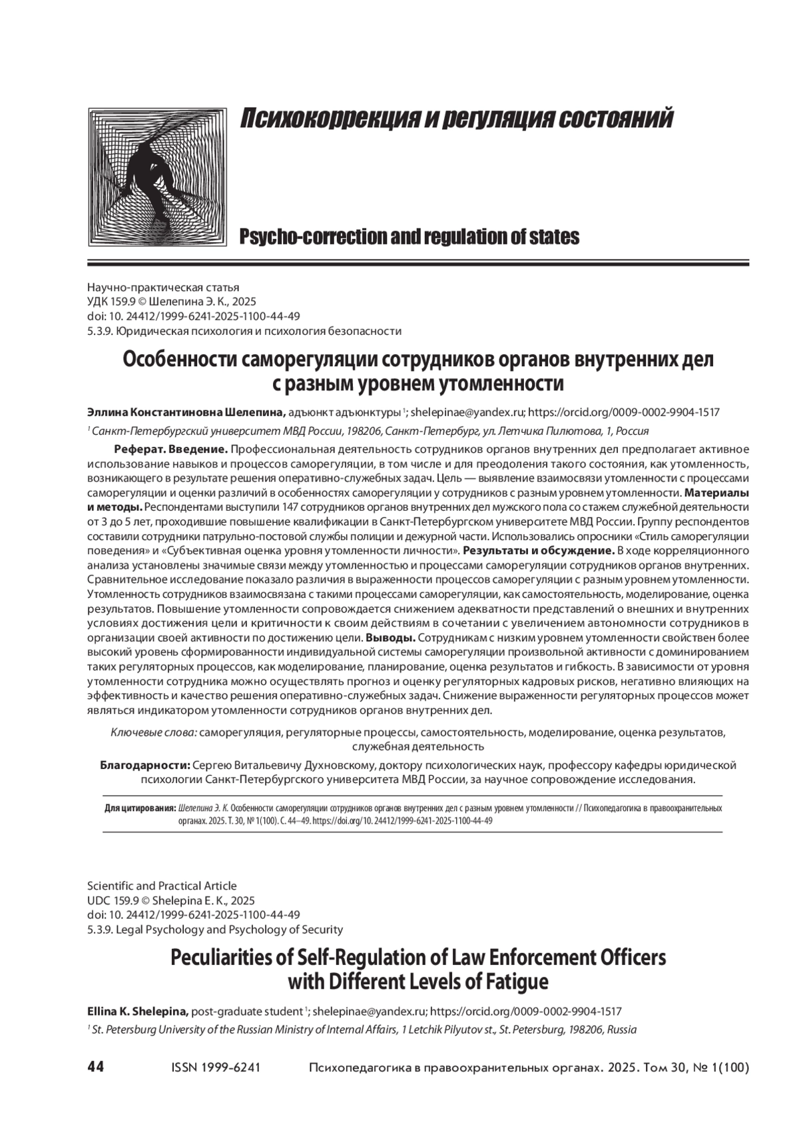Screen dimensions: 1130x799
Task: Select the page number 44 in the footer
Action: (95, 1067)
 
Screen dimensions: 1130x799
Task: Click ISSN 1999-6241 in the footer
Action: (216, 1067)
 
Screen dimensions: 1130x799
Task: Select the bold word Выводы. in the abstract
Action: (392, 638)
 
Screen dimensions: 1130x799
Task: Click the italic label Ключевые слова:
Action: (153, 732)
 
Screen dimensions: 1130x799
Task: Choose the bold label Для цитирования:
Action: (140, 808)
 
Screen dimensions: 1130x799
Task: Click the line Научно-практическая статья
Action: (162, 288)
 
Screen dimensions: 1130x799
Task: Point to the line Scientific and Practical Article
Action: (162, 886)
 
